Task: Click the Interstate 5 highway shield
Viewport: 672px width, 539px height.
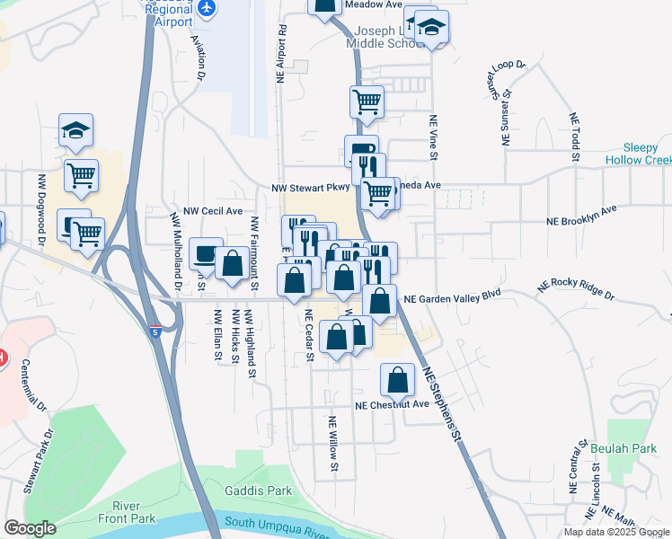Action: coord(157,331)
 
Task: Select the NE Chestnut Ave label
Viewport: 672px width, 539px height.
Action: coord(391,405)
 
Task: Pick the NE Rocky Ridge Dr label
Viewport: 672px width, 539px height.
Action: coord(575,289)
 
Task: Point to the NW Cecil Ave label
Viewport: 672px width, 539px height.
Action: coord(213,211)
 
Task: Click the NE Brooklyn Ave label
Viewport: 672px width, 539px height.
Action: coord(583,216)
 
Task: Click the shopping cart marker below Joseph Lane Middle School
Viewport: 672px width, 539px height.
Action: coord(367,102)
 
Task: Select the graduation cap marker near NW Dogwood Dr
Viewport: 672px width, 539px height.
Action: coord(76,130)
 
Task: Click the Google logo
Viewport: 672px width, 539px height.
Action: coord(30,528)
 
